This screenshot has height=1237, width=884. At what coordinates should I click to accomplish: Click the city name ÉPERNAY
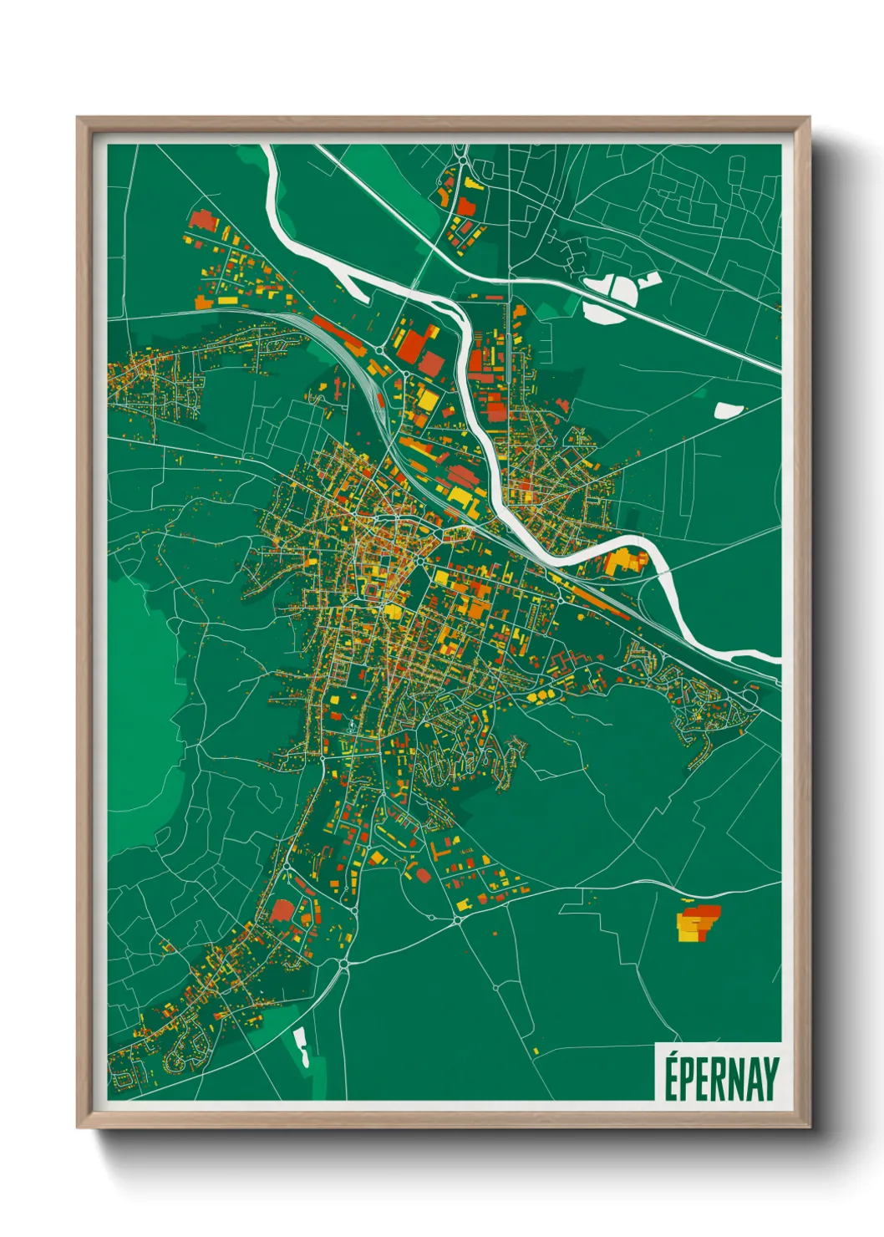(721, 1077)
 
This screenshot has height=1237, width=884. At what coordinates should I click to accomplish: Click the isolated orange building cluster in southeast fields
(696, 923)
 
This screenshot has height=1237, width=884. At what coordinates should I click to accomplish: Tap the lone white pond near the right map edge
(728, 410)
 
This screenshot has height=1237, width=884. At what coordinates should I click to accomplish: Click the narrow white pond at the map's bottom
(300, 1046)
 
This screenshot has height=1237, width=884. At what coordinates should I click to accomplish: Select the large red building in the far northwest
(202, 221)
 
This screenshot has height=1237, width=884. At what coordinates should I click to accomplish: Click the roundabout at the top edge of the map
(460, 157)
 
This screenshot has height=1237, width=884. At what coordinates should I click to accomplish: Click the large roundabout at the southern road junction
(344, 965)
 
